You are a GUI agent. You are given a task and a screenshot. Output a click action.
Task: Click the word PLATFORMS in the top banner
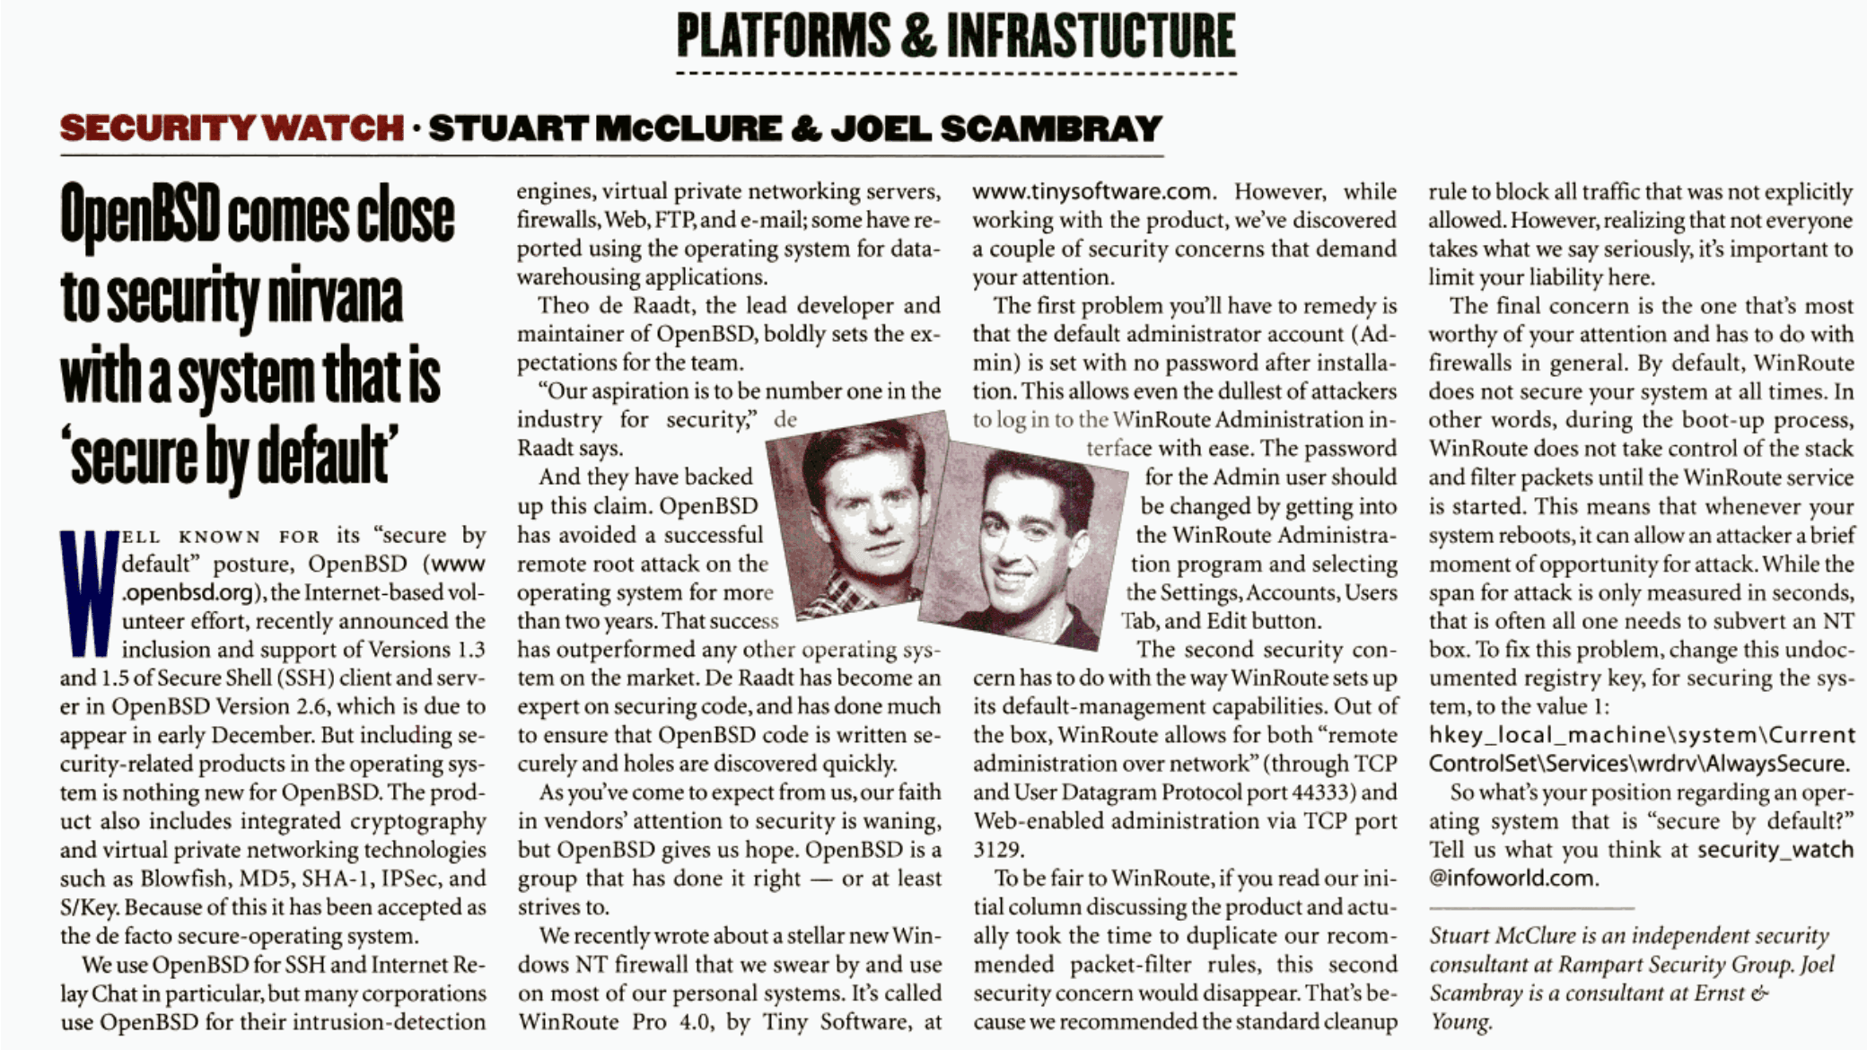coord(783,36)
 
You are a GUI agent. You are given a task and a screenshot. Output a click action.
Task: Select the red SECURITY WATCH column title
coord(232,128)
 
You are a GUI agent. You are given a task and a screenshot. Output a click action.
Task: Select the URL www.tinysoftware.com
coord(1093,192)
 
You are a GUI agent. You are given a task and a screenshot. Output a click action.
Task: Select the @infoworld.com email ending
coord(1512,879)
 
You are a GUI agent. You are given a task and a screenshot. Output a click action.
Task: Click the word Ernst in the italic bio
coord(1714,993)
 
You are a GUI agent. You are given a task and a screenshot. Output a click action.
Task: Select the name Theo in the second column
coord(564,306)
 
